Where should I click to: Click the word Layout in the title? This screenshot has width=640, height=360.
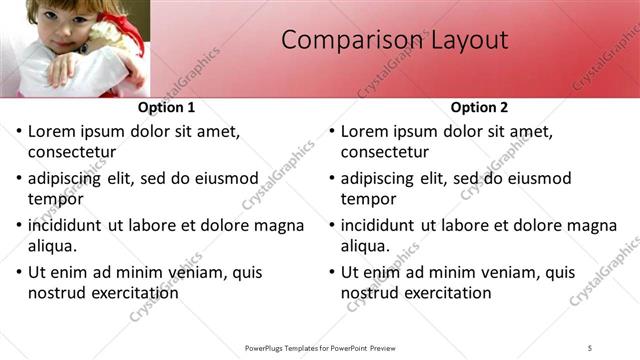(469, 40)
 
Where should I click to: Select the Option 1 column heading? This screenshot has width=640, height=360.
(165, 107)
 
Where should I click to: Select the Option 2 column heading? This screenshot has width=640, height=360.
(479, 107)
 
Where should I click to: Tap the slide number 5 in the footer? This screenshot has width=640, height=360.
(590, 347)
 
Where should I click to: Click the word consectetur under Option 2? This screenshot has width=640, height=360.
(385, 152)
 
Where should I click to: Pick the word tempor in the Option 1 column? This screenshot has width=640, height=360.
(54, 199)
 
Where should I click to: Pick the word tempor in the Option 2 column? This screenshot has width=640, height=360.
(367, 199)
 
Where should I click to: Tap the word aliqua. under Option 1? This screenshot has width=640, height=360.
(53, 246)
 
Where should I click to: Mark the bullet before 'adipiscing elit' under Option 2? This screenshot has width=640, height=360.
(333, 179)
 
